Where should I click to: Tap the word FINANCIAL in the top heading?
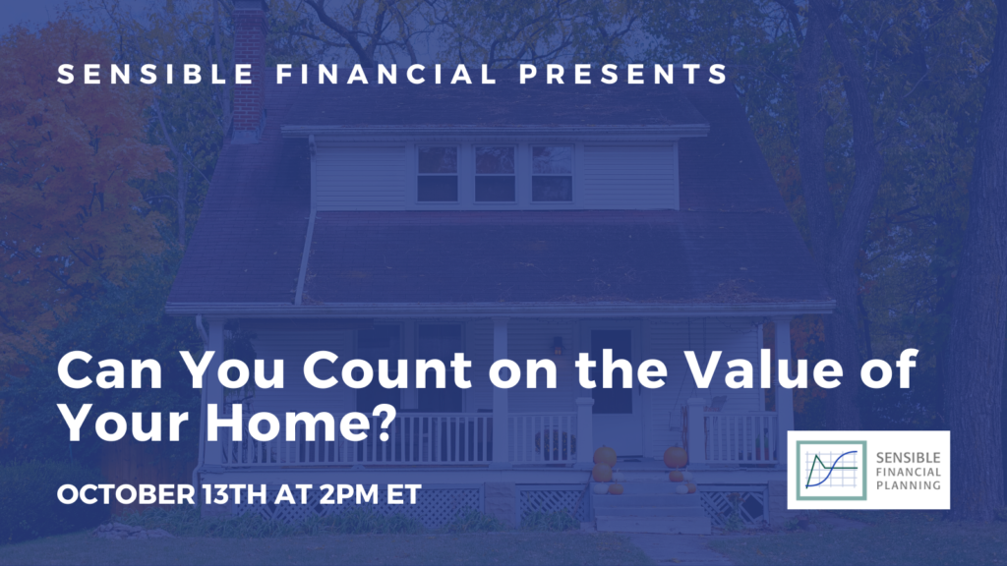click(x=386, y=74)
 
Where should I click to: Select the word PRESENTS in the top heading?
click(x=623, y=74)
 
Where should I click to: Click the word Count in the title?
click(x=387, y=370)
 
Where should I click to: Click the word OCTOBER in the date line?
click(x=125, y=495)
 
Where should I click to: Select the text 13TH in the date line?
click(x=234, y=495)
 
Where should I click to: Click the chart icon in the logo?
click(x=832, y=471)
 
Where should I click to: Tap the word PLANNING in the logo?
click(x=908, y=485)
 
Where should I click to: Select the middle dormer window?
click(x=495, y=174)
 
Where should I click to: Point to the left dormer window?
click(x=438, y=174)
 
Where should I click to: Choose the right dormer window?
click(x=552, y=174)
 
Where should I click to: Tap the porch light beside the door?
click(x=559, y=346)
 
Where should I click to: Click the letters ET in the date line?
click(x=404, y=495)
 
